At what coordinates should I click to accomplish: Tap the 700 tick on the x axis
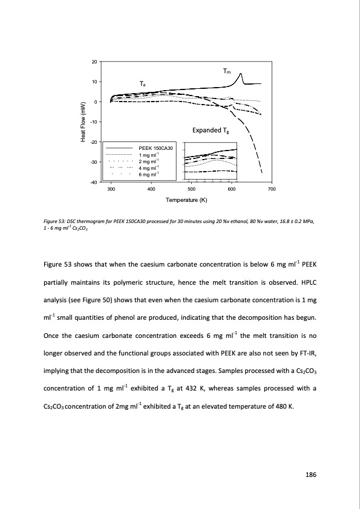[272, 190]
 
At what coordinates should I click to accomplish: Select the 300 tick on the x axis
[111, 190]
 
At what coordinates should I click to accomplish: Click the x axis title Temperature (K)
[191, 200]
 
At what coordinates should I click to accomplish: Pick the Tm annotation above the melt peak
[226, 71]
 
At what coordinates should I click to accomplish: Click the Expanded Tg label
[210, 131]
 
